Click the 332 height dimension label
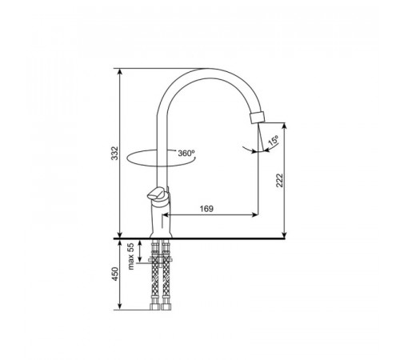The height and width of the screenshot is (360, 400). pyautogui.click(x=114, y=153)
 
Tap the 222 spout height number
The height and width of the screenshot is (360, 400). pyautogui.click(x=279, y=180)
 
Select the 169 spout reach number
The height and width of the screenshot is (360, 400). pyautogui.click(x=206, y=209)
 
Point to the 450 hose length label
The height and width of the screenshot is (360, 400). pyautogui.click(x=114, y=274)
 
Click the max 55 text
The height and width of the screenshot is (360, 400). pyautogui.click(x=130, y=257)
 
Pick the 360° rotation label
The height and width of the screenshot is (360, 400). pyautogui.click(x=186, y=153)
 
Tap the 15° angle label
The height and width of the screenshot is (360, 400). pyautogui.click(x=274, y=140)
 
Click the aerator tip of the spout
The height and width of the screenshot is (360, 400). pyautogui.click(x=258, y=118)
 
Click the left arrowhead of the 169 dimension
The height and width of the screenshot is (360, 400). pyautogui.click(x=166, y=214)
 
